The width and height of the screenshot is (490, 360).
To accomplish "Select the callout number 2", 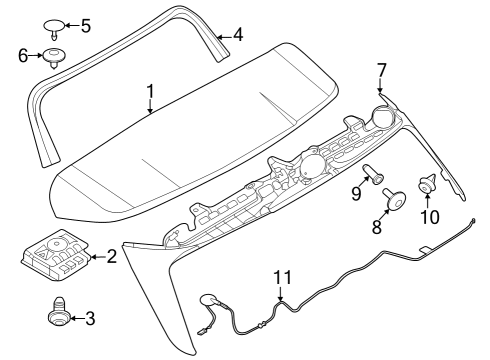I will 111,258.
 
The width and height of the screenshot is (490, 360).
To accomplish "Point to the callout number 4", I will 237,36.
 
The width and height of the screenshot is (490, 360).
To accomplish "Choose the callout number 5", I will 85,24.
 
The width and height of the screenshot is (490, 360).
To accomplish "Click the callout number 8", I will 377,227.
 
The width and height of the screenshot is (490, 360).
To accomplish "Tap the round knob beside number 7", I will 380,113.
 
